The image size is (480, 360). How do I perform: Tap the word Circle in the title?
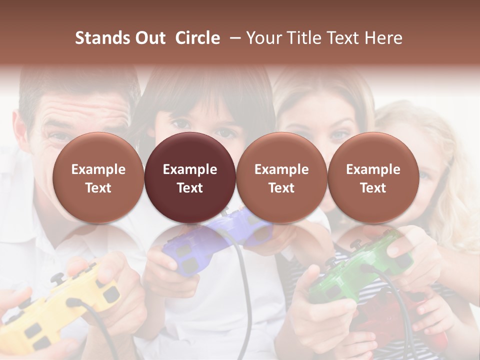tap(197, 38)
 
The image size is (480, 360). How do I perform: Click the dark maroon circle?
tap(189, 178)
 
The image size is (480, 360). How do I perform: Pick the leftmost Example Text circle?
tap(98, 178)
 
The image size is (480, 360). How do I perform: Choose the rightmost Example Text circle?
tap(373, 178)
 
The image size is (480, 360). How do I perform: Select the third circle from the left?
tap(281, 178)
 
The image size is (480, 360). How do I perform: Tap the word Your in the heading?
tap(265, 38)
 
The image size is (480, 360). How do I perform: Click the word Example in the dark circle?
tap(189, 169)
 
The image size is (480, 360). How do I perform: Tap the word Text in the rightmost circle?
tap(373, 188)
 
